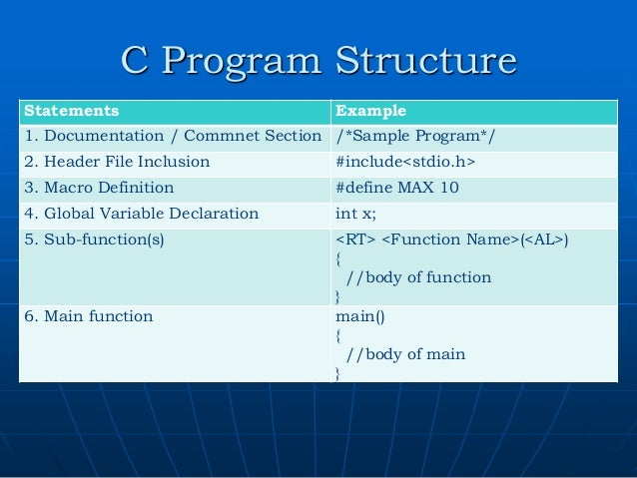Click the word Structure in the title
coord(426,62)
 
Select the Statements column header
coord(71,110)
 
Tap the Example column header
coord(371,110)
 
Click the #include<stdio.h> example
coord(405,162)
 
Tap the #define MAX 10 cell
coord(397,188)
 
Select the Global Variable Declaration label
coord(141,214)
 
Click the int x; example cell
coord(355,214)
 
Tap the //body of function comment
coord(418,277)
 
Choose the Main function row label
coord(88,316)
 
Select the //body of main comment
coord(405,354)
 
